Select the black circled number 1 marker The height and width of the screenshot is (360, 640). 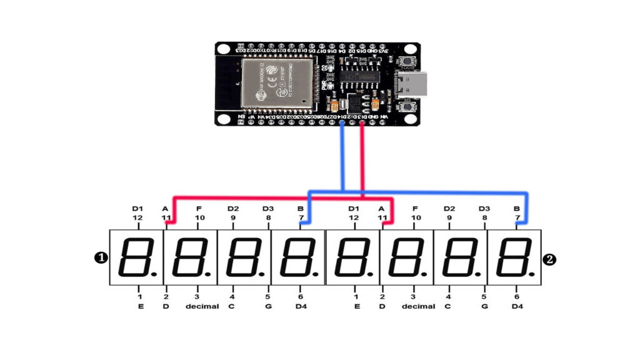point(99,257)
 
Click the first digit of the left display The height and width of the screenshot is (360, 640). point(136,257)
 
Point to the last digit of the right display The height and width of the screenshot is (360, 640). point(514,257)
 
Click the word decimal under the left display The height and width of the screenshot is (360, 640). point(202,307)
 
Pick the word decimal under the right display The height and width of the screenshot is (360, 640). point(418,307)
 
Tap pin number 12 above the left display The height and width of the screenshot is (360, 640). point(137,217)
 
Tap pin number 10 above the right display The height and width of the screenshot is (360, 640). point(415,217)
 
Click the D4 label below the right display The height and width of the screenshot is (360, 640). point(517,307)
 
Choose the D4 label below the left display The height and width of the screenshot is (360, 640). point(301,307)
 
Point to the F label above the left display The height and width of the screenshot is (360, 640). point(199,209)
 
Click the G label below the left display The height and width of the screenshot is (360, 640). point(267,307)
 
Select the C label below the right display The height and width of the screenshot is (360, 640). point(448,307)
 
